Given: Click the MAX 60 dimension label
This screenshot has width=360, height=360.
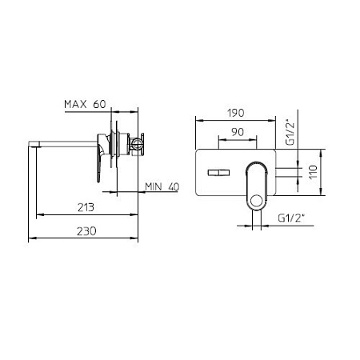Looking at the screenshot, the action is pos(85,104).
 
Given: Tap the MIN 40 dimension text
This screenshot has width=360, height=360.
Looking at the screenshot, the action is pos(162,186).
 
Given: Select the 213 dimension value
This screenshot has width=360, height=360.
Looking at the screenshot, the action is pos(86,207).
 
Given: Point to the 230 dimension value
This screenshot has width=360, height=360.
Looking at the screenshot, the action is pos(86,231).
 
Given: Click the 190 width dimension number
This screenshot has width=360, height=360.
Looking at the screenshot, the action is pos(236,113).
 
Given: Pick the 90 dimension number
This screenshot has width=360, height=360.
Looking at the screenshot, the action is pos(238,132).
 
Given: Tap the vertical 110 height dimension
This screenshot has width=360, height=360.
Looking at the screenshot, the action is pos(313,172).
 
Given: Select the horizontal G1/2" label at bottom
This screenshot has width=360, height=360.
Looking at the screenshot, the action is pos(291,218).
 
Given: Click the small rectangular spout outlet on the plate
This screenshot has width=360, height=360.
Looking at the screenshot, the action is pos(218,173).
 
